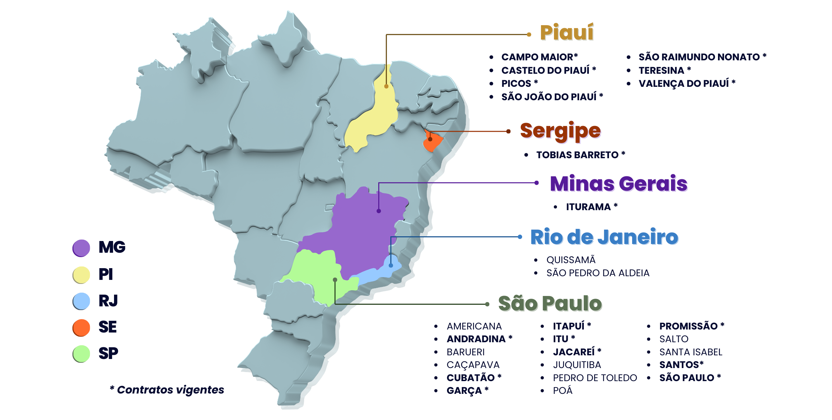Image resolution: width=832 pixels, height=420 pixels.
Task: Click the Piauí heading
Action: tap(566, 33)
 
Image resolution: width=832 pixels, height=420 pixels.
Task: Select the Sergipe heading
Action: tap(560, 131)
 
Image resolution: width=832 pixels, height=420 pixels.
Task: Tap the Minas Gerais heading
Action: tap(619, 184)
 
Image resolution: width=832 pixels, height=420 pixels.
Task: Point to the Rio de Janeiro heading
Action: tap(604, 237)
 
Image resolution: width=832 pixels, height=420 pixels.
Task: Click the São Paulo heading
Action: tap(550, 303)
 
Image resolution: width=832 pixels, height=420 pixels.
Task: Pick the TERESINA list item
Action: tap(661, 70)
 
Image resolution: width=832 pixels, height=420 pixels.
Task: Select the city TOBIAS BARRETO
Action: tap(577, 155)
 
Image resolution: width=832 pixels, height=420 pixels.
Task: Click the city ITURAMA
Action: tap(588, 207)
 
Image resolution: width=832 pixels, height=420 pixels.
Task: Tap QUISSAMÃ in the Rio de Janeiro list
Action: tap(571, 260)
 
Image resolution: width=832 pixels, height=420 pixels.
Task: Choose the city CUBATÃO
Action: tap(470, 378)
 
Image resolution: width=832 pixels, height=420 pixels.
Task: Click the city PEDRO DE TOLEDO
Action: tap(595, 378)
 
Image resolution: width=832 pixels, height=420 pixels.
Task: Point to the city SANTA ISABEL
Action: tap(690, 352)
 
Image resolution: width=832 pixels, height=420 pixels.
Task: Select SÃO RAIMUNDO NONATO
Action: tap(699, 57)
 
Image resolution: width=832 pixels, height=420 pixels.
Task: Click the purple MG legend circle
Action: tap(81, 248)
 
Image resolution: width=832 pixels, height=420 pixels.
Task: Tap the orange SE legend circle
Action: tap(81, 327)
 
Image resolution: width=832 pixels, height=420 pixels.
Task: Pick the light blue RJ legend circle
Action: tap(81, 301)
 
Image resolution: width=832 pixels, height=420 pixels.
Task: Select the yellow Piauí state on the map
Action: tap(372, 121)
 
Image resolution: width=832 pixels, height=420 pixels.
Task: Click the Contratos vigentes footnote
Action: tap(167, 390)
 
